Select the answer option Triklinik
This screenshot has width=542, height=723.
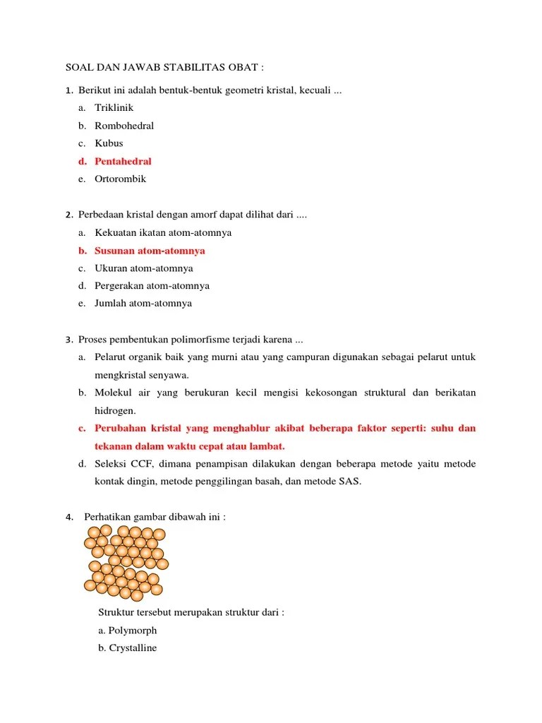pos(114,108)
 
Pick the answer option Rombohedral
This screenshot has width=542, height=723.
pos(124,126)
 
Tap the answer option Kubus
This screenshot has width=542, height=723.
pos(109,143)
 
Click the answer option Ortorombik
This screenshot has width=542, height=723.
pos(120,179)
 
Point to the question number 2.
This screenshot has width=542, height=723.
pos(68,215)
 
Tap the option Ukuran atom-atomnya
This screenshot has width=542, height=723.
pos(144,268)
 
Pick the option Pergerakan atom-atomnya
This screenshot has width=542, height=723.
pos(152,286)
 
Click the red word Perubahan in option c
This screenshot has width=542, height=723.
pos(121,429)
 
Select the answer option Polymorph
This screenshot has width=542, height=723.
pos(128,631)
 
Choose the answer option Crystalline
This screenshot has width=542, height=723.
pos(128,648)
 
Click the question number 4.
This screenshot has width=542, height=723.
pos(69,518)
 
